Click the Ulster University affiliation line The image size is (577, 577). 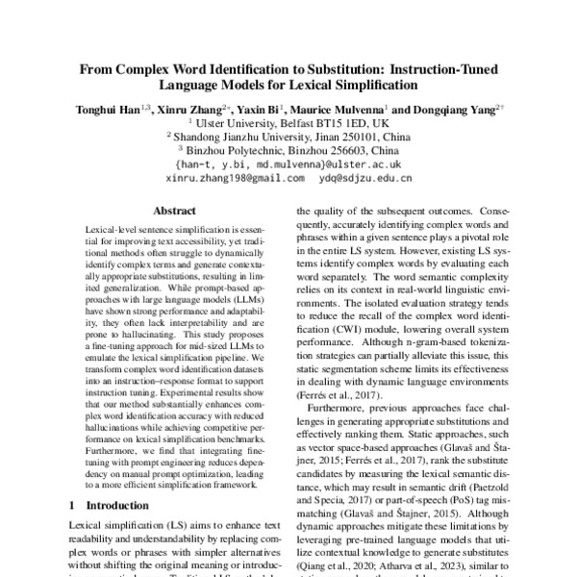coord(288,123)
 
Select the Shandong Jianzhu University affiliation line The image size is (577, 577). coord(288,137)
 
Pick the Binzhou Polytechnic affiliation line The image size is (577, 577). coord(288,151)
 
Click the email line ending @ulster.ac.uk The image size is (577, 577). coord(288,164)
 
